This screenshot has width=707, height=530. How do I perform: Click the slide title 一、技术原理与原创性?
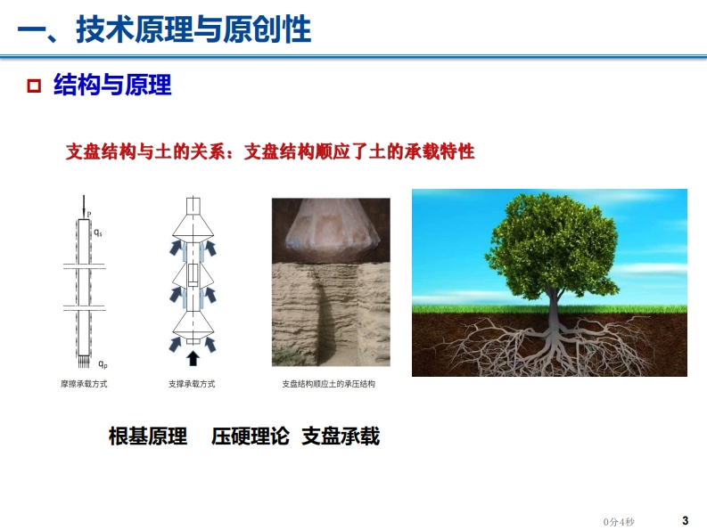click(x=164, y=29)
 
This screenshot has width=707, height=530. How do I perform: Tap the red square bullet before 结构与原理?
click(x=34, y=86)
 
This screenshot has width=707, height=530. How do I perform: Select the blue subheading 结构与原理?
click(x=112, y=85)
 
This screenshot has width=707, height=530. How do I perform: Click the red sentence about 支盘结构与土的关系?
click(x=269, y=151)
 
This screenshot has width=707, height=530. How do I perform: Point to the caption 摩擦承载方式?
click(x=84, y=384)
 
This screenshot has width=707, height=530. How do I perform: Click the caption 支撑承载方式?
click(x=192, y=384)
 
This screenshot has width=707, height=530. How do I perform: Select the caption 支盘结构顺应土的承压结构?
click(x=329, y=384)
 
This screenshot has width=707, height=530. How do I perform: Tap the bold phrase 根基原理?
click(x=148, y=436)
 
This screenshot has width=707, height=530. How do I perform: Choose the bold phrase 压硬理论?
click(x=250, y=436)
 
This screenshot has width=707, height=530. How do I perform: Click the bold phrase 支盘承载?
click(x=341, y=436)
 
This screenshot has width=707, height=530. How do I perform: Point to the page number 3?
click(x=686, y=520)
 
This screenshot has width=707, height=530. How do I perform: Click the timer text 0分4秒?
click(x=619, y=522)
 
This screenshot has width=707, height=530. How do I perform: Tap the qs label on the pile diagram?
click(x=98, y=232)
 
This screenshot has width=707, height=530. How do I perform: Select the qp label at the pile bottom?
click(x=103, y=364)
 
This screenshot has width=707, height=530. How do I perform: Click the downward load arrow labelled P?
click(x=84, y=207)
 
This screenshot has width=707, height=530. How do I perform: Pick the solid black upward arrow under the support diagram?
click(x=193, y=358)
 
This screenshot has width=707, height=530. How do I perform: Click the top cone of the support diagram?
click(x=193, y=226)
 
